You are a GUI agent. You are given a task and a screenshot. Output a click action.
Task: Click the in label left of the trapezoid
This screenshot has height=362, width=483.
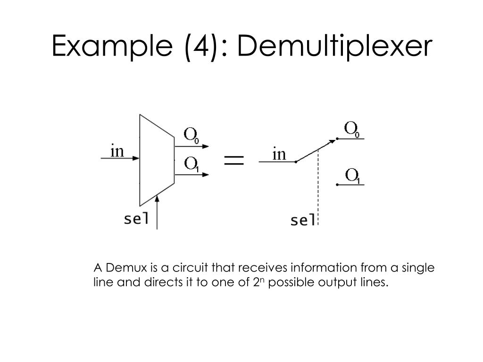[117, 151]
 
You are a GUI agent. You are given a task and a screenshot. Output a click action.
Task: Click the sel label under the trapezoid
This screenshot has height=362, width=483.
[136, 219]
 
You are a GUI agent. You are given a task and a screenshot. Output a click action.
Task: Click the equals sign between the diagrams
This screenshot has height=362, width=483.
[234, 160]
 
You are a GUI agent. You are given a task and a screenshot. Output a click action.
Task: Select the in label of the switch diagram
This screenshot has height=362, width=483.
[279, 154]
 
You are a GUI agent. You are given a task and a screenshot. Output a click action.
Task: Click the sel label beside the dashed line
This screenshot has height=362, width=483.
[302, 220]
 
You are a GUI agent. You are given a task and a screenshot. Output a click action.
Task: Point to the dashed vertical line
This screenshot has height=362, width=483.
[319, 189]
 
